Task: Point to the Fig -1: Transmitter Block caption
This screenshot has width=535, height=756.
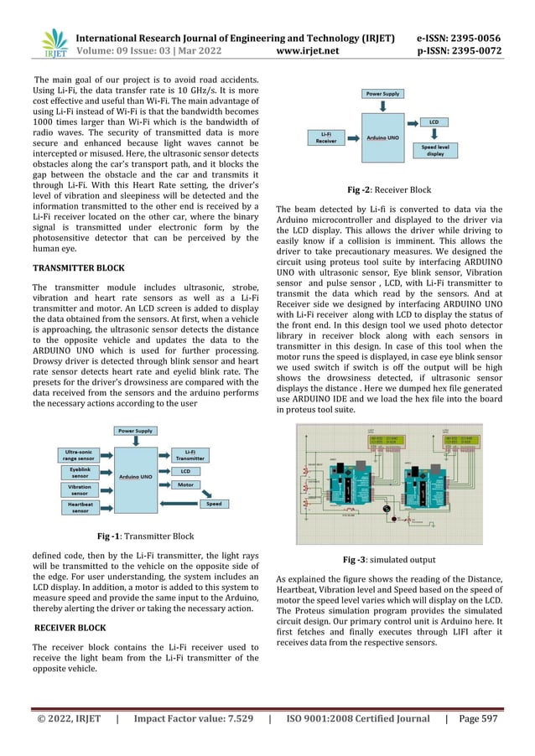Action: pos(146,536)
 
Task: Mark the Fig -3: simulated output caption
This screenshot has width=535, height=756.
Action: pos(397,559)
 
